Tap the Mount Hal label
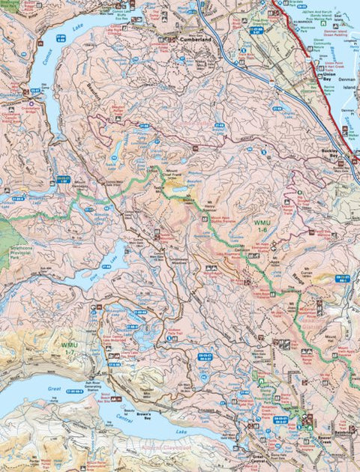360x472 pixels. point(312,339)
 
